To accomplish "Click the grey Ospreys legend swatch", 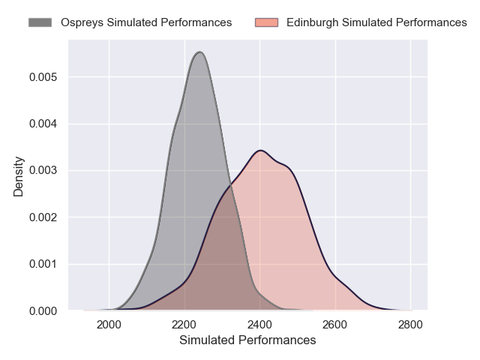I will tap(40, 22).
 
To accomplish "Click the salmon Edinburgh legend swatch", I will tap(265, 22).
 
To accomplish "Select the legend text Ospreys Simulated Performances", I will tap(146, 22).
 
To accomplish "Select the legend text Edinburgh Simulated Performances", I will tap(376, 22).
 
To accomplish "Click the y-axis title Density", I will tap(19, 176).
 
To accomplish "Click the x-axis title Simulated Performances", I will tap(247, 340).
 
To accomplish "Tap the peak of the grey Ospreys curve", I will tap(199, 52).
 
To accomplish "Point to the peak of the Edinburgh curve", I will tap(259, 151).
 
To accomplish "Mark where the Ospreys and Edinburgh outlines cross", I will tap(232, 188).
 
